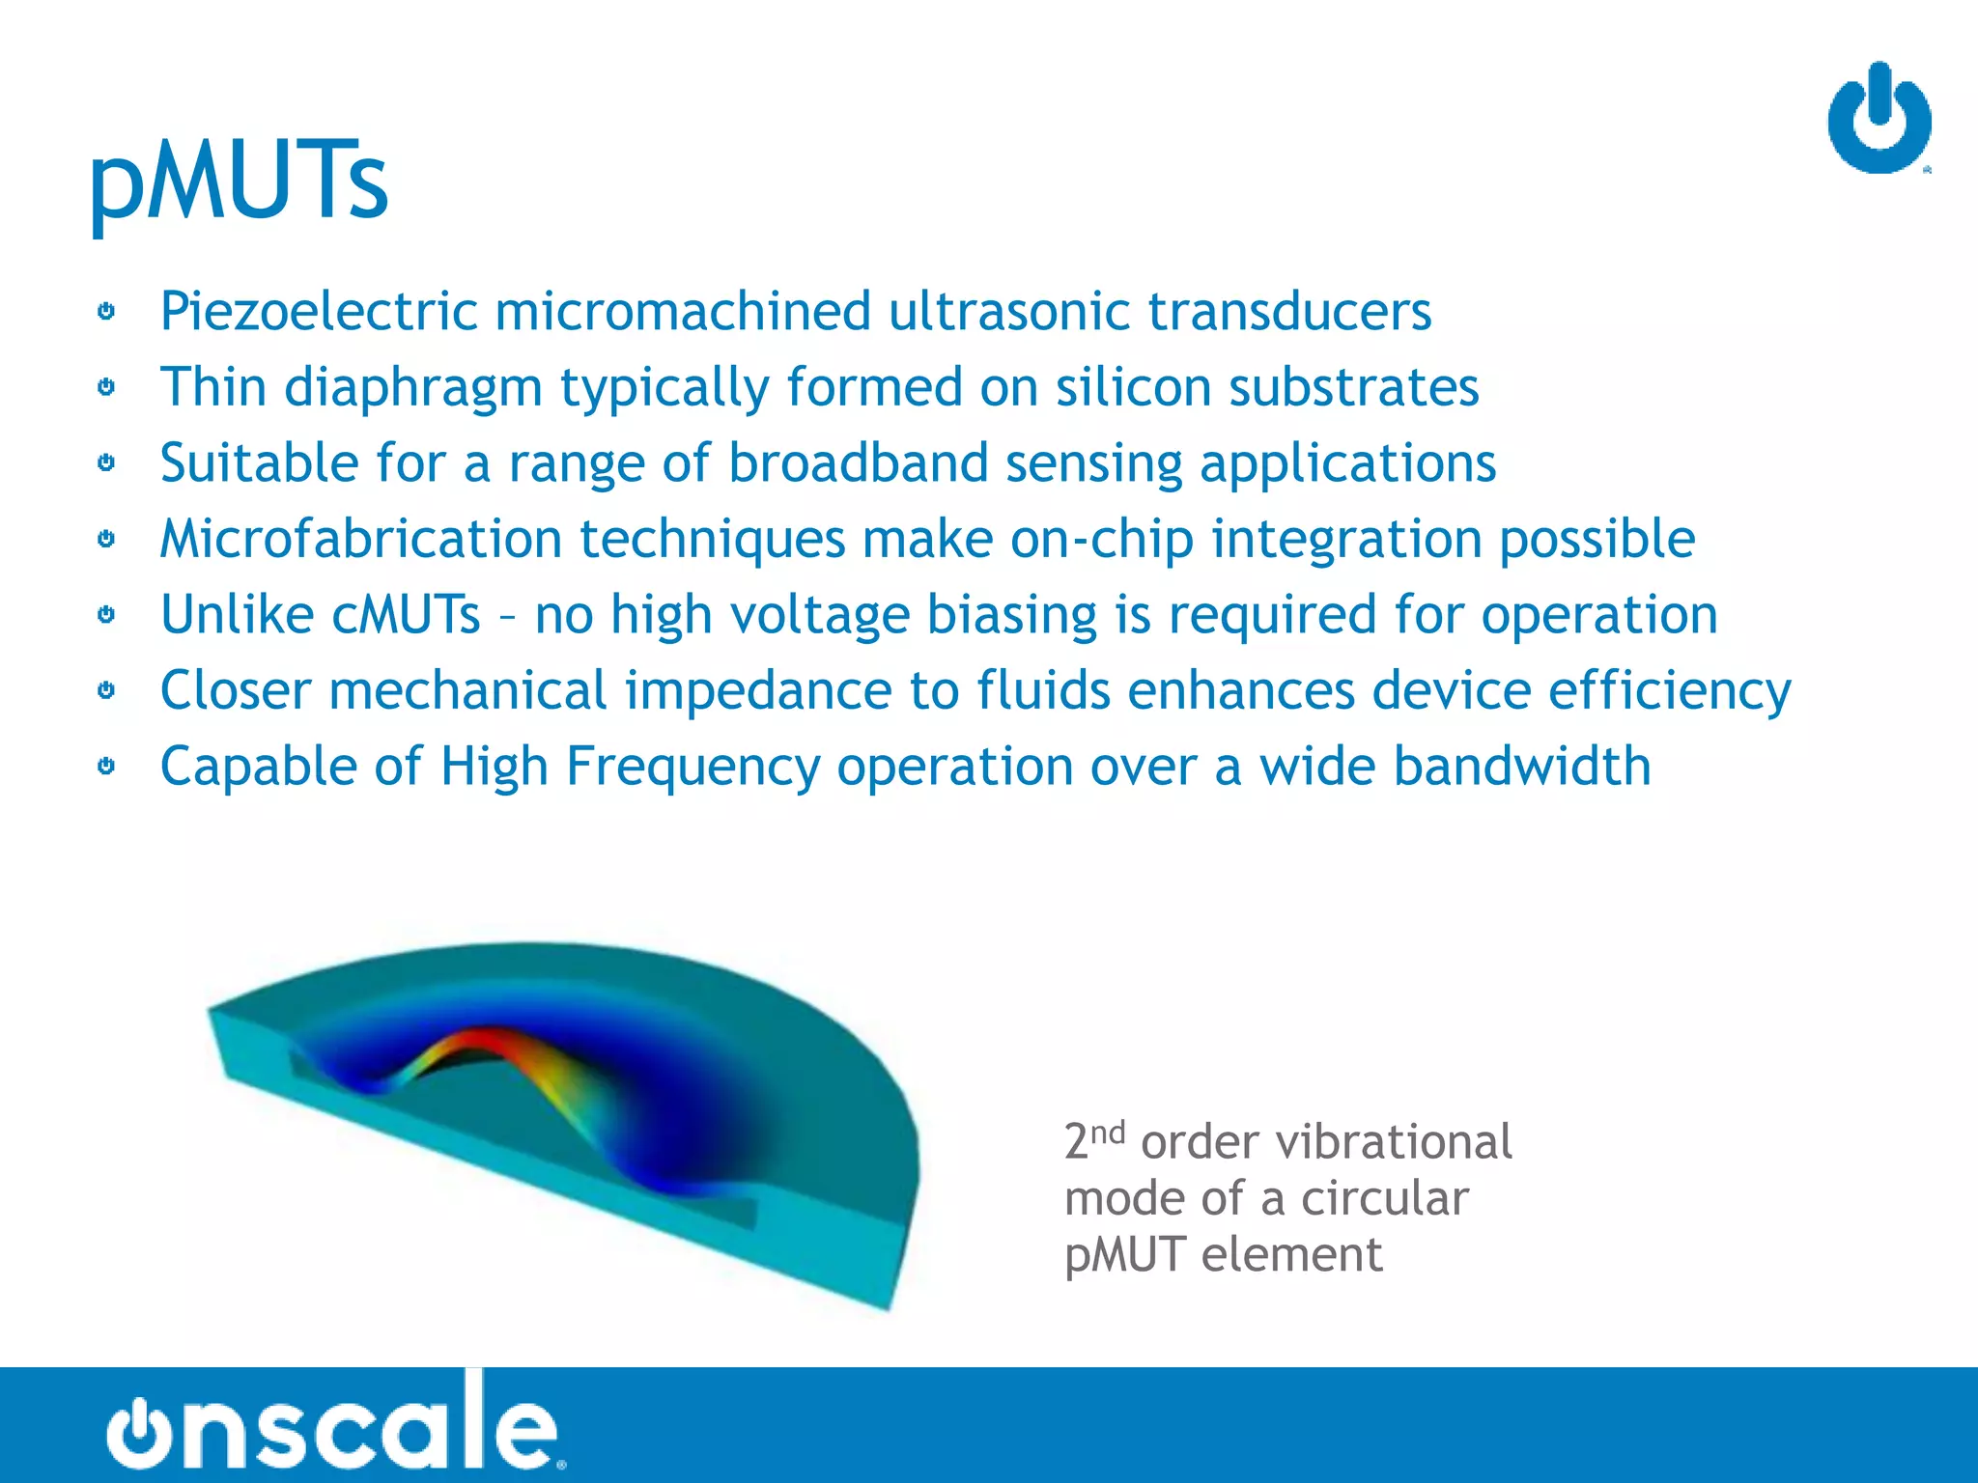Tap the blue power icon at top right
tap(1879, 120)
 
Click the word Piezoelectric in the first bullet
tap(319, 312)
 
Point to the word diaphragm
tap(413, 388)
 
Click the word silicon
tap(1132, 387)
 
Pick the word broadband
tap(858, 462)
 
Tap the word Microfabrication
tap(360, 539)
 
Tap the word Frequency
tap(692, 767)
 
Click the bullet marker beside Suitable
tap(106, 462)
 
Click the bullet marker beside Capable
tap(106, 767)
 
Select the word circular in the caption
tap(1384, 1198)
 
